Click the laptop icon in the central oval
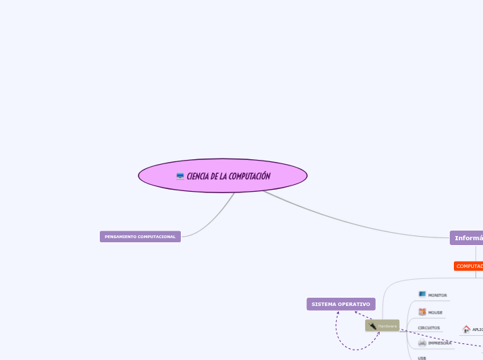click(x=180, y=177)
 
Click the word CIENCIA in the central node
click(x=198, y=177)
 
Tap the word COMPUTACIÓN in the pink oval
click(x=249, y=177)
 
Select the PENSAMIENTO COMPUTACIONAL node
click(x=140, y=237)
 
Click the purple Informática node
click(x=466, y=238)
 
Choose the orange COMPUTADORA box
click(x=469, y=267)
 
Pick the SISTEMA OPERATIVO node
click(x=341, y=304)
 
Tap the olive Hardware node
click(x=383, y=325)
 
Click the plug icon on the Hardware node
click(x=373, y=325)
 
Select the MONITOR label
click(x=437, y=296)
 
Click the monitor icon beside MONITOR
click(x=422, y=294)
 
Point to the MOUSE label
click(x=435, y=313)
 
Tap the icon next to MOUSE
click(x=422, y=312)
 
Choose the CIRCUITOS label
click(x=429, y=328)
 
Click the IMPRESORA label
click(x=439, y=343)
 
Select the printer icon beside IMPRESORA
click(x=422, y=343)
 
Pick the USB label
click(x=422, y=358)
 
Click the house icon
click(x=466, y=330)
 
